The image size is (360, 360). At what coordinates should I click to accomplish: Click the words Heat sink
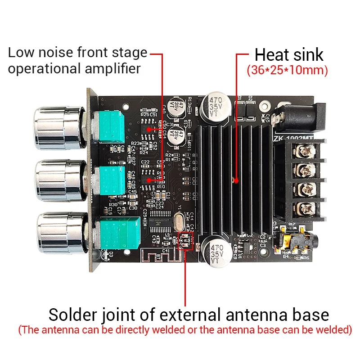pyautogui.click(x=288, y=55)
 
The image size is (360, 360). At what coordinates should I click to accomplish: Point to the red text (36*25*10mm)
pyautogui.click(x=287, y=71)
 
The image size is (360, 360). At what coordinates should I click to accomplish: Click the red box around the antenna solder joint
pyautogui.click(x=185, y=242)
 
